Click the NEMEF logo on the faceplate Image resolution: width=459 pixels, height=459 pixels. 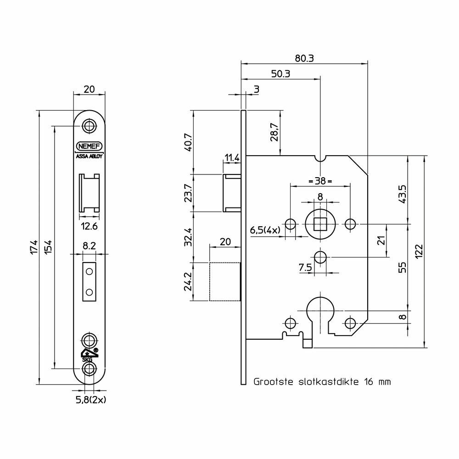pos(89,146)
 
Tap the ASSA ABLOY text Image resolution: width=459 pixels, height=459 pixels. pos(90,157)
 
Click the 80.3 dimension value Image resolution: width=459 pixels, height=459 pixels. pos(304,59)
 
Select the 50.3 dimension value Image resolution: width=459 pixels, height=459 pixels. pos(280,74)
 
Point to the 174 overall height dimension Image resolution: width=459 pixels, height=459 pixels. pos(34,247)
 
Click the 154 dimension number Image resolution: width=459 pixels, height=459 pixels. pos(48,247)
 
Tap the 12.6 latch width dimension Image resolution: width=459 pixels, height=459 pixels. pos(90,226)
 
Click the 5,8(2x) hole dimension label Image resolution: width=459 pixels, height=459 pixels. pos(91,400)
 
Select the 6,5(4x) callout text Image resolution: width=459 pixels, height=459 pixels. pos(265,230)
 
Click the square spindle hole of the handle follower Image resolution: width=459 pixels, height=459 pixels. pos(320,224)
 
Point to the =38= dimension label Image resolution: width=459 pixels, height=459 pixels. pos(320,181)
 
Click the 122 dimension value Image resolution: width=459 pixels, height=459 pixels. pos(419,251)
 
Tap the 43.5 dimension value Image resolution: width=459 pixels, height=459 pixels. pos(403,194)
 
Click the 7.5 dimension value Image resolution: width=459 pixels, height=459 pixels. pos(305,267)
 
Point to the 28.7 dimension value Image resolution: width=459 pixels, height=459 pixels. pos(274,132)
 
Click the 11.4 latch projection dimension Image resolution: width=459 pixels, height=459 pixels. pos(232,158)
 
